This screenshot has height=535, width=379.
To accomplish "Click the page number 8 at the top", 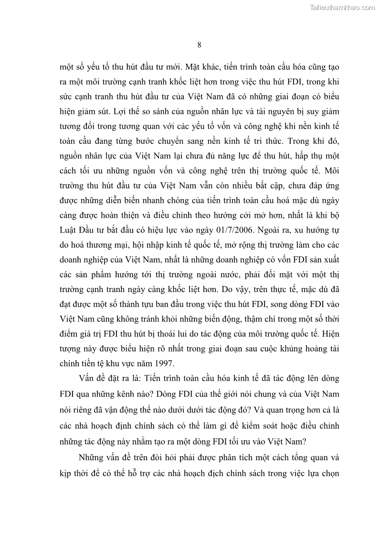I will point(199,45).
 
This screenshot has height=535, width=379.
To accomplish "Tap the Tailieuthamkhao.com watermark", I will point(343,7).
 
